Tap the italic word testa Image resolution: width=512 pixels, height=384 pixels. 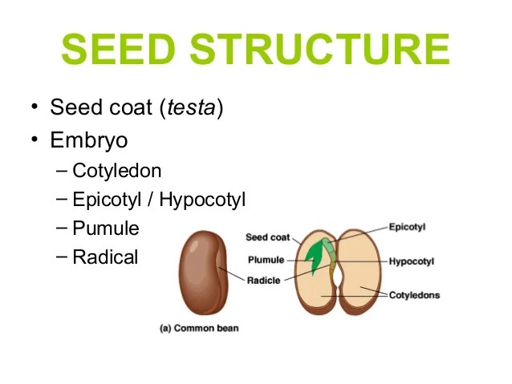(x=191, y=107)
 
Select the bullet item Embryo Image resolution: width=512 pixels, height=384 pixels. (x=88, y=139)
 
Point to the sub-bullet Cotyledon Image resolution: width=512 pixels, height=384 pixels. (x=116, y=171)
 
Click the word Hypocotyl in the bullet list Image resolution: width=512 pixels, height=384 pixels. (x=202, y=200)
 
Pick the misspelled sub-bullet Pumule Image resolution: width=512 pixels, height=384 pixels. (x=105, y=228)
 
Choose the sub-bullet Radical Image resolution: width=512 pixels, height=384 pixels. (x=105, y=257)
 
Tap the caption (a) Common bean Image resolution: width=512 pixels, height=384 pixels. (x=200, y=328)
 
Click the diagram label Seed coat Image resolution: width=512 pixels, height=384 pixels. (x=267, y=237)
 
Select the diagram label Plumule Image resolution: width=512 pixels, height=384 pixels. (x=266, y=260)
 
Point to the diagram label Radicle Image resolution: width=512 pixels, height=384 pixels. (x=263, y=281)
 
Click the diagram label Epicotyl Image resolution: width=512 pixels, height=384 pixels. (x=407, y=227)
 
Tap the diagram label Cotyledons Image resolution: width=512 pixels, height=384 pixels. (x=414, y=295)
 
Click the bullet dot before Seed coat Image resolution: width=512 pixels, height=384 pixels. (x=35, y=107)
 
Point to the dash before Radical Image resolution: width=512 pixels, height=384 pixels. (x=63, y=257)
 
